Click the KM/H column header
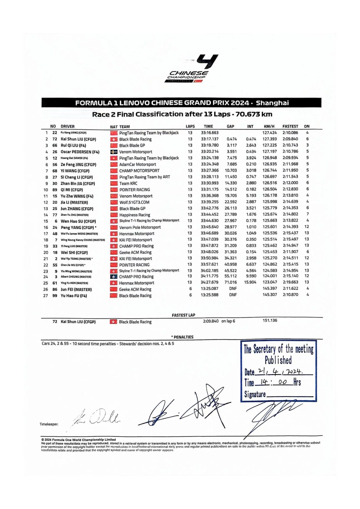tap(269, 126)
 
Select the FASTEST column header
tap(290, 126)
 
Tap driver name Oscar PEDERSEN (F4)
tap(80, 152)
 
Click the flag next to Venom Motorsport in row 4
tap(114, 152)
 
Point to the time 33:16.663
tap(210, 133)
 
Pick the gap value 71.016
tap(231, 282)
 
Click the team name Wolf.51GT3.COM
tap(134, 202)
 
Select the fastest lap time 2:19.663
tap(290, 282)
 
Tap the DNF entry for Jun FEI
tap(233, 289)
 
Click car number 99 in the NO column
tap(55, 296)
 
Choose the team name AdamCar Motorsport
tap(138, 164)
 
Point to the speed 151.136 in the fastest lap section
tap(270, 320)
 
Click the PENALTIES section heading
tap(183, 337)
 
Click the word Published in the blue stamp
tap(278, 360)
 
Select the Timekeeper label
tap(49, 424)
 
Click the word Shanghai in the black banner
tap(272, 103)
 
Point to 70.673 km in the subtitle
tap(254, 114)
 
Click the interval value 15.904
tap(250, 282)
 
